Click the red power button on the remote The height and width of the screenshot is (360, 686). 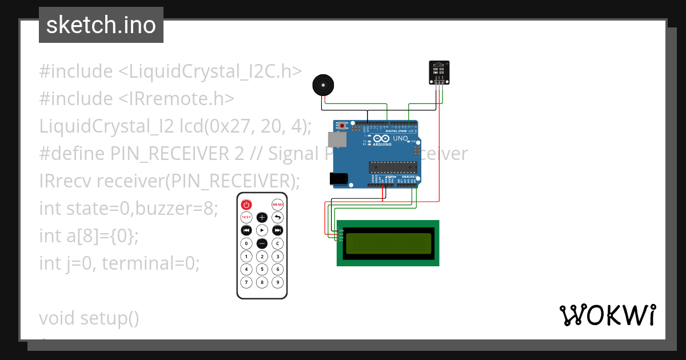click(246, 205)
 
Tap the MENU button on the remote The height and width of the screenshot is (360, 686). click(277, 205)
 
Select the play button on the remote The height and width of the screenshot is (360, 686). click(262, 230)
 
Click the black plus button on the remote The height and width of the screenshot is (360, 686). click(262, 217)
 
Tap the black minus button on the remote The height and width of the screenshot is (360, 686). click(262, 243)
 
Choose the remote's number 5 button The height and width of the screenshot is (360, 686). click(262, 269)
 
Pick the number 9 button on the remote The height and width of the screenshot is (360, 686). click(277, 282)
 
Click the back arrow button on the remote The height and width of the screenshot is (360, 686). click(277, 217)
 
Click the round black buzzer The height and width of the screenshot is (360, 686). click(322, 86)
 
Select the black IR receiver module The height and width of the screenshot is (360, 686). click(439, 73)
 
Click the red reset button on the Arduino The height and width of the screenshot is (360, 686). click(342, 125)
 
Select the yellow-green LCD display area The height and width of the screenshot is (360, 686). click(388, 242)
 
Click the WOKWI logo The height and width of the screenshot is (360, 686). click(607, 315)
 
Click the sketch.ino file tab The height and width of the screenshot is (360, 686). click(101, 25)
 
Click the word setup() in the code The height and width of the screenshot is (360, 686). click(109, 318)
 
